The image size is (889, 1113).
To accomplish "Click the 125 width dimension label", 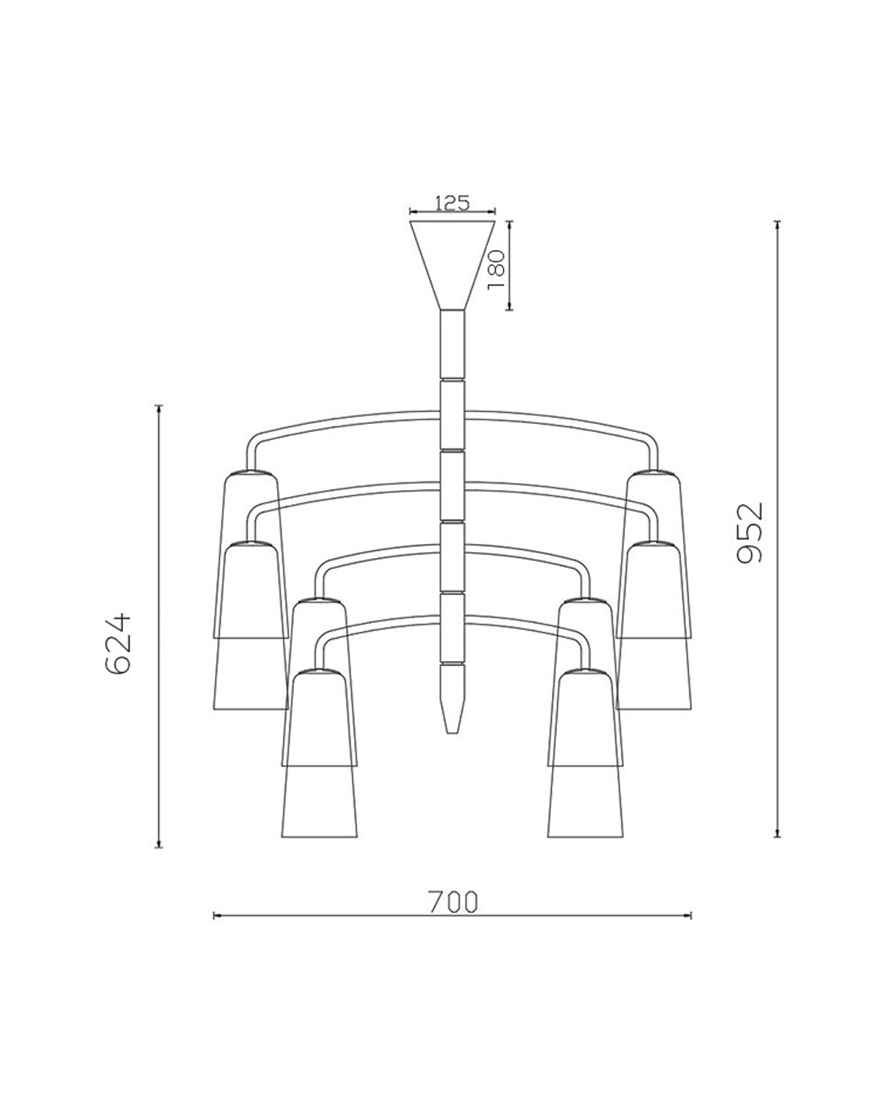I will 452,203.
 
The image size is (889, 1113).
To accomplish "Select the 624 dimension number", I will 119,642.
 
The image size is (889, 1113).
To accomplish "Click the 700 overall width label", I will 453,901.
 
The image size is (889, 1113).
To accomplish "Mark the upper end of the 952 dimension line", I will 777,222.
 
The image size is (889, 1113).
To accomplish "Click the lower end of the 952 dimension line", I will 777,837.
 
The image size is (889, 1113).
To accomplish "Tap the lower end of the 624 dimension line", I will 159,846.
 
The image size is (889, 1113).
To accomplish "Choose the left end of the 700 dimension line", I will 214,916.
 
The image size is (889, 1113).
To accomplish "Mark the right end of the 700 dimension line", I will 690,916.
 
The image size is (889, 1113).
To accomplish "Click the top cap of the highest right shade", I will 654,472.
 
